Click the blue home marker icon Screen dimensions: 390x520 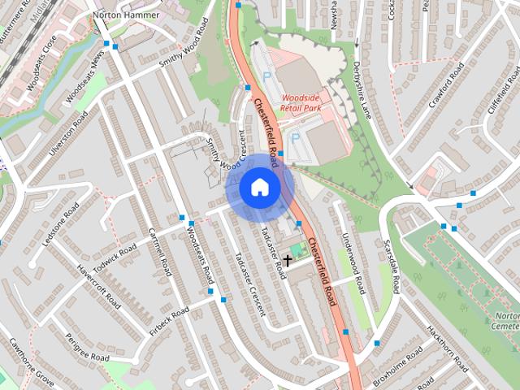[260, 188]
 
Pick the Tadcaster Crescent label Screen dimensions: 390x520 [249, 284]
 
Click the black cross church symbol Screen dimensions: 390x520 [288, 260]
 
